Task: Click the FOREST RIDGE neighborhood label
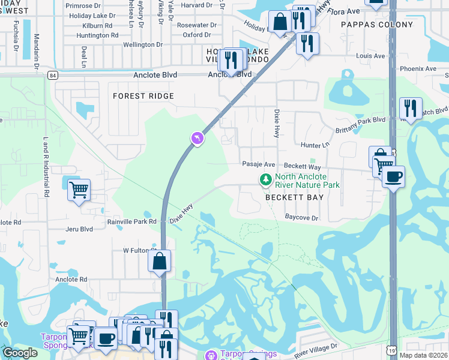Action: coord(143,96)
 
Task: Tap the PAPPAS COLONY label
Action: coord(376,25)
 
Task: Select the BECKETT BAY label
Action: coord(294,197)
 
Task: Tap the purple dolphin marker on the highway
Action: coord(197,139)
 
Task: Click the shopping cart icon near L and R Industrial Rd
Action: coord(79,190)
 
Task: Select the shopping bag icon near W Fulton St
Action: coord(159,261)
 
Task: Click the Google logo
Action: coord(20,352)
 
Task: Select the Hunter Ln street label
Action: coord(315,145)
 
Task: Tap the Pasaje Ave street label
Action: coord(258,164)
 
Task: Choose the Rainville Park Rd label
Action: coord(131,221)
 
